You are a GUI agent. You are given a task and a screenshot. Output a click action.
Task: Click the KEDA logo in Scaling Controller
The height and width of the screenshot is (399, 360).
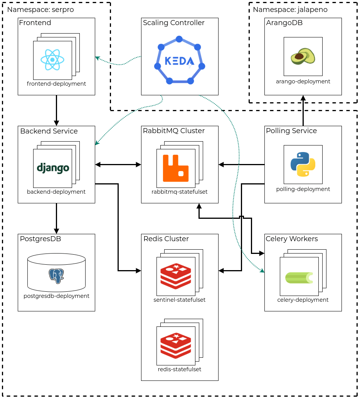coord(179,61)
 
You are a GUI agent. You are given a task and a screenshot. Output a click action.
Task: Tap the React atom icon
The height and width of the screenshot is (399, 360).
coord(52,60)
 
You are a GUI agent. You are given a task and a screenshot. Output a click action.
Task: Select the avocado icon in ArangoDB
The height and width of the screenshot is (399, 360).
coord(303,56)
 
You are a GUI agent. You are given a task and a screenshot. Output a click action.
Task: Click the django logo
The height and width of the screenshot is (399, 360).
coord(53,168)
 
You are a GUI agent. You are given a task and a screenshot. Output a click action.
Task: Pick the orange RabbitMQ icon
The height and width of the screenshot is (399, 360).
coord(175,168)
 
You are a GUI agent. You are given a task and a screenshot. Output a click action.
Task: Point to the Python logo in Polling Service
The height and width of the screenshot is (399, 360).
coord(303,164)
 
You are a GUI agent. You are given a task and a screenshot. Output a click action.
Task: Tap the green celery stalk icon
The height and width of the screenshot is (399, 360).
coord(299,277)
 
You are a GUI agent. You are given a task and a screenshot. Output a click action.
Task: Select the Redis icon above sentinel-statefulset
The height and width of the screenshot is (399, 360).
coord(176,276)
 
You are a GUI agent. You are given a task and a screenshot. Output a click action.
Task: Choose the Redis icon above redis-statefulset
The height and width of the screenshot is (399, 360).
coord(176,346)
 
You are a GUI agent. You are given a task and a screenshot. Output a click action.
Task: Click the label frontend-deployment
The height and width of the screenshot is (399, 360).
coord(56,84)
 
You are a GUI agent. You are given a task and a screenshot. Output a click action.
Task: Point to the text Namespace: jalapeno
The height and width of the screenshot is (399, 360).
coord(290,10)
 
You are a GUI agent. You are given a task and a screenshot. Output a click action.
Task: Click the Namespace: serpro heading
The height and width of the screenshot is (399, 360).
coord(40,10)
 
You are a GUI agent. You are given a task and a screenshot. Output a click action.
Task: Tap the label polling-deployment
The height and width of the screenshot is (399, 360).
coord(303,189)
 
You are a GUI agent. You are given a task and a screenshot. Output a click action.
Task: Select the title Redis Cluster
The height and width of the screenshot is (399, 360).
coord(166,239)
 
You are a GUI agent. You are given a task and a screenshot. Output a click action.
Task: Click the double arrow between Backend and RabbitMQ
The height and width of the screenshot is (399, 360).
coord(118,165)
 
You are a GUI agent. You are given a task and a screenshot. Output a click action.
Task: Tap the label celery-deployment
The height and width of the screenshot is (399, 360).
coord(303,300)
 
